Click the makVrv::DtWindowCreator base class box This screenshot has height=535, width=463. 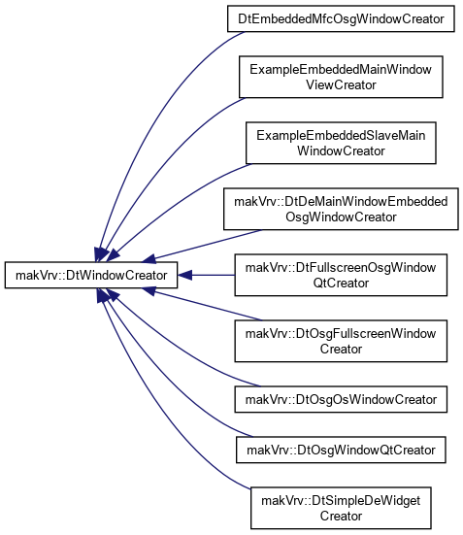91,275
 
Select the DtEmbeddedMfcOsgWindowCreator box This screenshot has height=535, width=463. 341,18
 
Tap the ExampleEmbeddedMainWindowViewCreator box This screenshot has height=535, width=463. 341,77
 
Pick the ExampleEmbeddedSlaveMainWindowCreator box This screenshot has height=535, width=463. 341,143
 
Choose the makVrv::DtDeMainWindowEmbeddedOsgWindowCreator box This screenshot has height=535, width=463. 341,209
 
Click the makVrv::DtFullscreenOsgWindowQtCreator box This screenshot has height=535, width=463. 341,275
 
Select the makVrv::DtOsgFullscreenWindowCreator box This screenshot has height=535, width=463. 341,341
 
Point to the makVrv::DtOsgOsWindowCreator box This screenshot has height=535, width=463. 341,399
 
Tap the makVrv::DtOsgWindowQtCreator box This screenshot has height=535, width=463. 341,450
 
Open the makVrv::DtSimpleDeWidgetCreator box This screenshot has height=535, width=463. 341,508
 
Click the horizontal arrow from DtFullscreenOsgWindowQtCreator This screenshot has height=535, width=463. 206,275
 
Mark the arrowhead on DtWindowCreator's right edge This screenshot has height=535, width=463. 184,275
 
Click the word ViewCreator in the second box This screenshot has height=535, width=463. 341,84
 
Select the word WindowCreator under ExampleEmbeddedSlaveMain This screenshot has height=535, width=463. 341,150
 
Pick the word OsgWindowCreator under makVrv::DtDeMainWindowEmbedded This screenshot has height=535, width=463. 341,217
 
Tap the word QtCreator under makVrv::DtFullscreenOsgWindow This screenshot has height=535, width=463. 341,283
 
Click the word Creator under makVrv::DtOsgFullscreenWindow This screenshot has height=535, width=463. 341,349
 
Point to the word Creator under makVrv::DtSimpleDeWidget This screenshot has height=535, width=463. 341,516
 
